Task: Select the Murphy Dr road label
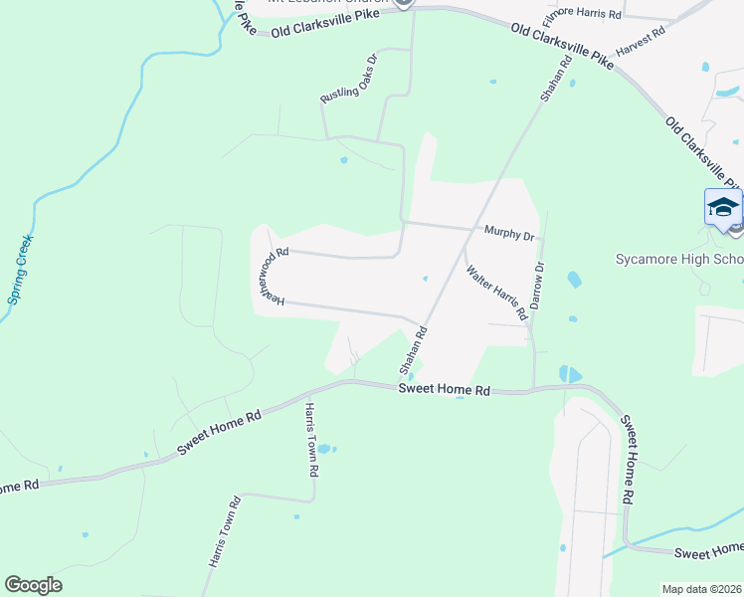(510, 234)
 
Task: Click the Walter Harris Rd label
(495, 285)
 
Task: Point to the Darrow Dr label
(538, 286)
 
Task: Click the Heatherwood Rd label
(269, 277)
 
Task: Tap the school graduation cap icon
(723, 208)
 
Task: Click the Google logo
(33, 585)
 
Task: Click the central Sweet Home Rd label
(445, 390)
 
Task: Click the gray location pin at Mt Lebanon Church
(403, 3)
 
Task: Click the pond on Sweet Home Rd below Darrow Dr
(570, 375)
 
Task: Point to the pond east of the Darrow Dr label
(574, 281)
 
